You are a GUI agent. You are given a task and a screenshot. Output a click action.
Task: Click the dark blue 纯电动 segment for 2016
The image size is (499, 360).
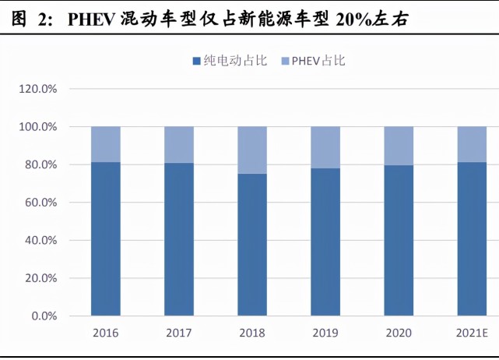click(x=106, y=239)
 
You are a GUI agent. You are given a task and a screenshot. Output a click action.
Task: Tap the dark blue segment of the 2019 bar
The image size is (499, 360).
click(x=325, y=242)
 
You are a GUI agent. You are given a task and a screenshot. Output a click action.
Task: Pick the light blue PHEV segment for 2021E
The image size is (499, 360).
click(x=472, y=144)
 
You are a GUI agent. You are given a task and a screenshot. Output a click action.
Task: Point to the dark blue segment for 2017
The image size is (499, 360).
click(x=179, y=239)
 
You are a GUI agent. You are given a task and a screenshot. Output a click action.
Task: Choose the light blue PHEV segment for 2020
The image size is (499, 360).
click(x=399, y=146)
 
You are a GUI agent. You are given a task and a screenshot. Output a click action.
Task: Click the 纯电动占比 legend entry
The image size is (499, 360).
click(x=230, y=61)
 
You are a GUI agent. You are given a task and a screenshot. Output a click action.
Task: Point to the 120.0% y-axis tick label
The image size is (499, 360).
click(x=38, y=89)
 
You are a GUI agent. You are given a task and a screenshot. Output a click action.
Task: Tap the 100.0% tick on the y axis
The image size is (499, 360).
click(x=38, y=127)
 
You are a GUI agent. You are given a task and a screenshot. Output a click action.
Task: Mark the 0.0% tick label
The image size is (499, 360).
click(x=44, y=316)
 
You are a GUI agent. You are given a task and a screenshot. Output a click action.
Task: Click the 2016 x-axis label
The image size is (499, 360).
click(x=106, y=333)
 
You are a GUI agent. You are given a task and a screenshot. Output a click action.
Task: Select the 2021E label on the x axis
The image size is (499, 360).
click(x=472, y=333)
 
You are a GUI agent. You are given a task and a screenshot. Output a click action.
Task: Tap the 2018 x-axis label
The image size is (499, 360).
click(x=252, y=333)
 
